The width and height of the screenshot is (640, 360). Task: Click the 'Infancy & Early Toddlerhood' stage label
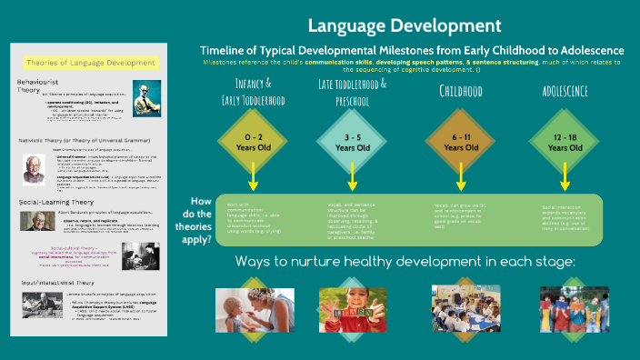click(247, 90)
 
